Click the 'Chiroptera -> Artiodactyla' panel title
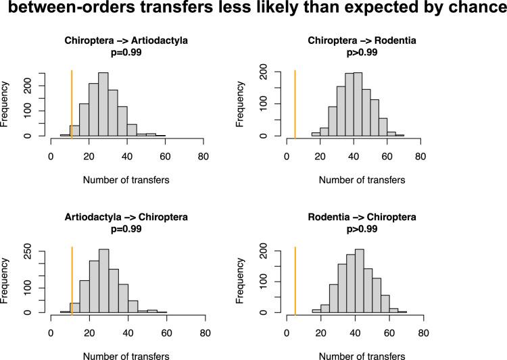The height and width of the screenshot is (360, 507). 126,41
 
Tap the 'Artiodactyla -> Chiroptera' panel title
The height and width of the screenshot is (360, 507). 126,217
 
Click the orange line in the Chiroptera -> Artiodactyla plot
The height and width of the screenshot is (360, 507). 71,101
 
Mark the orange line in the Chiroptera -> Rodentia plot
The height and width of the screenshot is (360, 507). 295,101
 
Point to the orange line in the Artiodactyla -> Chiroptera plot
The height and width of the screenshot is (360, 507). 71,278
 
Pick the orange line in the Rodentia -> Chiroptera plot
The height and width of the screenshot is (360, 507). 295,278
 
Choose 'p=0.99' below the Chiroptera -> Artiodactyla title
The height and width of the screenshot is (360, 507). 126,52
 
